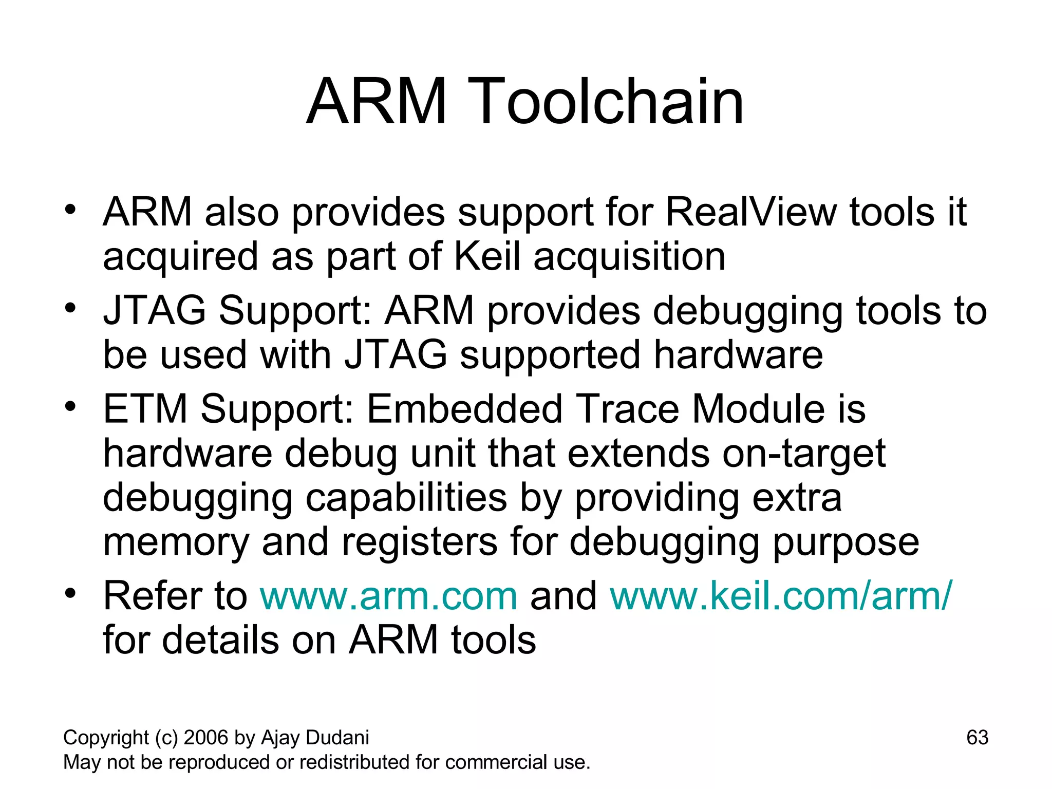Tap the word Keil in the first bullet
[x=487, y=256]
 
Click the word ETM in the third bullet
[x=145, y=409]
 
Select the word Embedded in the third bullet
[x=465, y=409]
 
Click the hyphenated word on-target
[x=804, y=454]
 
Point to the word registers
[x=419, y=542]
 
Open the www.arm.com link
[x=388, y=596]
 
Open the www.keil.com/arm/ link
[x=781, y=596]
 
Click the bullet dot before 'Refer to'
[x=70, y=593]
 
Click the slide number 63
[x=977, y=738]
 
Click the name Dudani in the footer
[x=337, y=738]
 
